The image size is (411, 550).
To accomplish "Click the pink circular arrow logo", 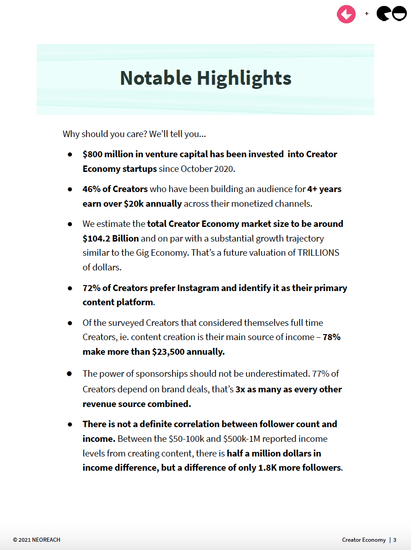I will pyautogui.click(x=346, y=14).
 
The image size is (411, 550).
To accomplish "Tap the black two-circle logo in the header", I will pyautogui.click(x=391, y=14).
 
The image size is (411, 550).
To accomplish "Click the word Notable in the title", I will pyautogui.click(x=156, y=78).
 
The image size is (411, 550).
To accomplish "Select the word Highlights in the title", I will pyautogui.click(x=244, y=78).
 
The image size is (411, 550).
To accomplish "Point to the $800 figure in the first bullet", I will pyautogui.click(x=93, y=154).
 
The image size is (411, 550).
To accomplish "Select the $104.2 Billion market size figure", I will pyautogui.click(x=110, y=238).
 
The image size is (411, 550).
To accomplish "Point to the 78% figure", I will pyautogui.click(x=331, y=337).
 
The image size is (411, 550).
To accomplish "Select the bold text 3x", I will pyautogui.click(x=241, y=389).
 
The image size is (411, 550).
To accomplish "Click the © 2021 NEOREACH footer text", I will pyautogui.click(x=37, y=540).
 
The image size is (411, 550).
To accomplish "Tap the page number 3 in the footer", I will pyautogui.click(x=395, y=540).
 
